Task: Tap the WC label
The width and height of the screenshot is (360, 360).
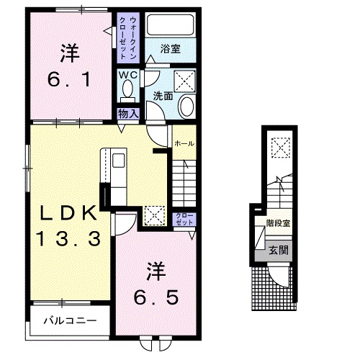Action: coord(128,74)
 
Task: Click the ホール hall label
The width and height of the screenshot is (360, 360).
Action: coord(184,144)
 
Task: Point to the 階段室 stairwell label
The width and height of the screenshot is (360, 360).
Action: coord(277,223)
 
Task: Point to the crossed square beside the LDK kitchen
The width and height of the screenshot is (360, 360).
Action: coord(153,215)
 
